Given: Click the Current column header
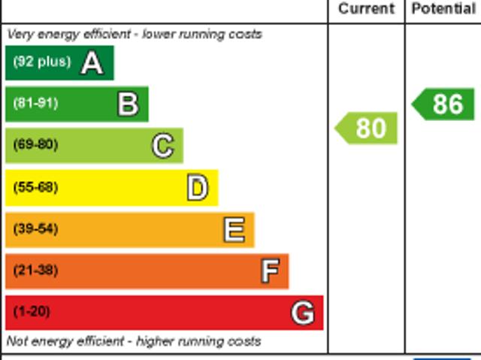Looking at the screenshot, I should [366, 9].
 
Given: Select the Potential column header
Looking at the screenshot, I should [443, 9].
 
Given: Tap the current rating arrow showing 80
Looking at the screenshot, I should [367, 129].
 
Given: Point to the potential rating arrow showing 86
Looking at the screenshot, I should [444, 104].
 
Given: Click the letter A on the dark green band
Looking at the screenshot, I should [92, 63].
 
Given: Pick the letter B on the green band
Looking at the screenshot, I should [128, 104].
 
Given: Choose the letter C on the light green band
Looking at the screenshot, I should [162, 146].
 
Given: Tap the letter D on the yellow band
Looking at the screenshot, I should [197, 188].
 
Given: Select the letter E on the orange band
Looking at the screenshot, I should [234, 229].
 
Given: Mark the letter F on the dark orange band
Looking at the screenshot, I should [270, 271].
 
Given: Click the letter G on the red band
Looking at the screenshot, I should [303, 312].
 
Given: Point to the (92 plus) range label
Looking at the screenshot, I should [41, 62].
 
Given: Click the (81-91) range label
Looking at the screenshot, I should [35, 103].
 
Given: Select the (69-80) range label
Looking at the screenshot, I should [35, 144].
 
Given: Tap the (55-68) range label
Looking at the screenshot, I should [35, 186].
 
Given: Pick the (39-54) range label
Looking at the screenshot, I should [35, 228].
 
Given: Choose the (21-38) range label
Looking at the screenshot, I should [35, 270].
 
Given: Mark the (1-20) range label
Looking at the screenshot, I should [32, 311].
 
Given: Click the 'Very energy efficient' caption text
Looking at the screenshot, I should [135, 34].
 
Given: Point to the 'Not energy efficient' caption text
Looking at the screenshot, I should [134, 341].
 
